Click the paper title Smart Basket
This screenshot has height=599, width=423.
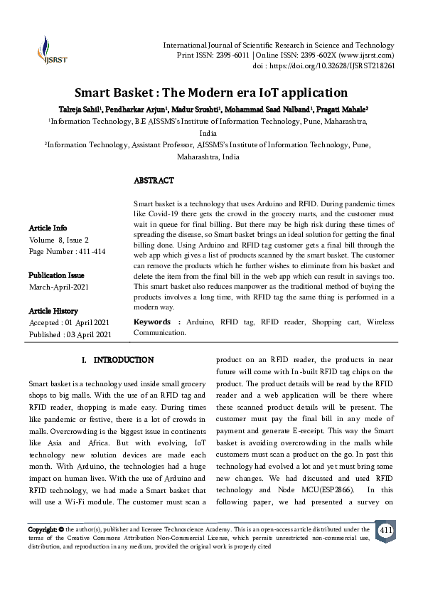pos(211,92)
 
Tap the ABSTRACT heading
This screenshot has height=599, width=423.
pos(154,181)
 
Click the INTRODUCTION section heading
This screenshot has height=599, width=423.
pos(118,360)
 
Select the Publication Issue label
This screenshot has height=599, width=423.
pos(56,275)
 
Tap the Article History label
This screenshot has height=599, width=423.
pos(53,311)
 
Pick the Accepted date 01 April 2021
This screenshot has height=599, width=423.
pos(69,322)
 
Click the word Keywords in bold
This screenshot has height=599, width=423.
pos(152,322)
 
